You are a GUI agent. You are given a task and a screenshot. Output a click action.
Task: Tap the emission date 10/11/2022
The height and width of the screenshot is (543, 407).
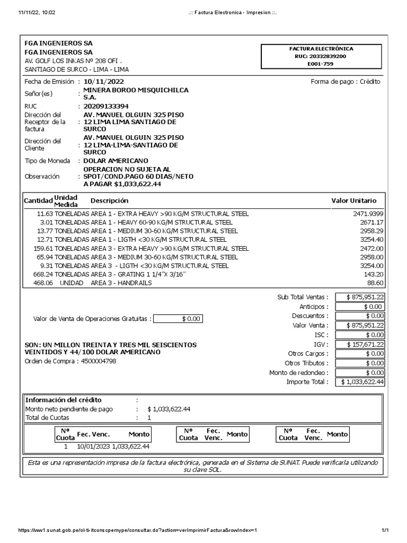pyautogui.click(x=104, y=82)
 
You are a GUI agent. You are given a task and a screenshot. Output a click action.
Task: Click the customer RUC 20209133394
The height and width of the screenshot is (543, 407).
pyautogui.click(x=106, y=106)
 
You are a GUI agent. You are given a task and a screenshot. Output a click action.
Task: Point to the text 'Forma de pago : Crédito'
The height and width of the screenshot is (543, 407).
pyautogui.click(x=345, y=82)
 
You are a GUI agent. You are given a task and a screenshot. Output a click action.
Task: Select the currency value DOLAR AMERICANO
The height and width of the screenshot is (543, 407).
pyautogui.click(x=116, y=161)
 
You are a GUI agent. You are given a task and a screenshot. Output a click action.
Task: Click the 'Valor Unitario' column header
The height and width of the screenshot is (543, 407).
pyautogui.click(x=353, y=201)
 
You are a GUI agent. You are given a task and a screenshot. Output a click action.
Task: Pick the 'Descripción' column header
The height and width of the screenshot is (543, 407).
pyautogui.click(x=109, y=201)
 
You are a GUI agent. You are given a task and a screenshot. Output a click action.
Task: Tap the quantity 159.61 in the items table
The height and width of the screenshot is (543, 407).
pyautogui.click(x=42, y=248)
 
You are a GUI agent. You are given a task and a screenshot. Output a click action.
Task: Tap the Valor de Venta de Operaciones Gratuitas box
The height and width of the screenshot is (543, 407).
pyautogui.click(x=178, y=319)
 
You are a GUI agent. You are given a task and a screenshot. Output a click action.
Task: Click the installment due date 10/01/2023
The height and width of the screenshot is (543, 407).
pyautogui.click(x=93, y=446)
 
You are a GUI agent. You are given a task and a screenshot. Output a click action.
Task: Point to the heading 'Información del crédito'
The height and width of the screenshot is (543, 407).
pyautogui.click(x=63, y=400)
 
